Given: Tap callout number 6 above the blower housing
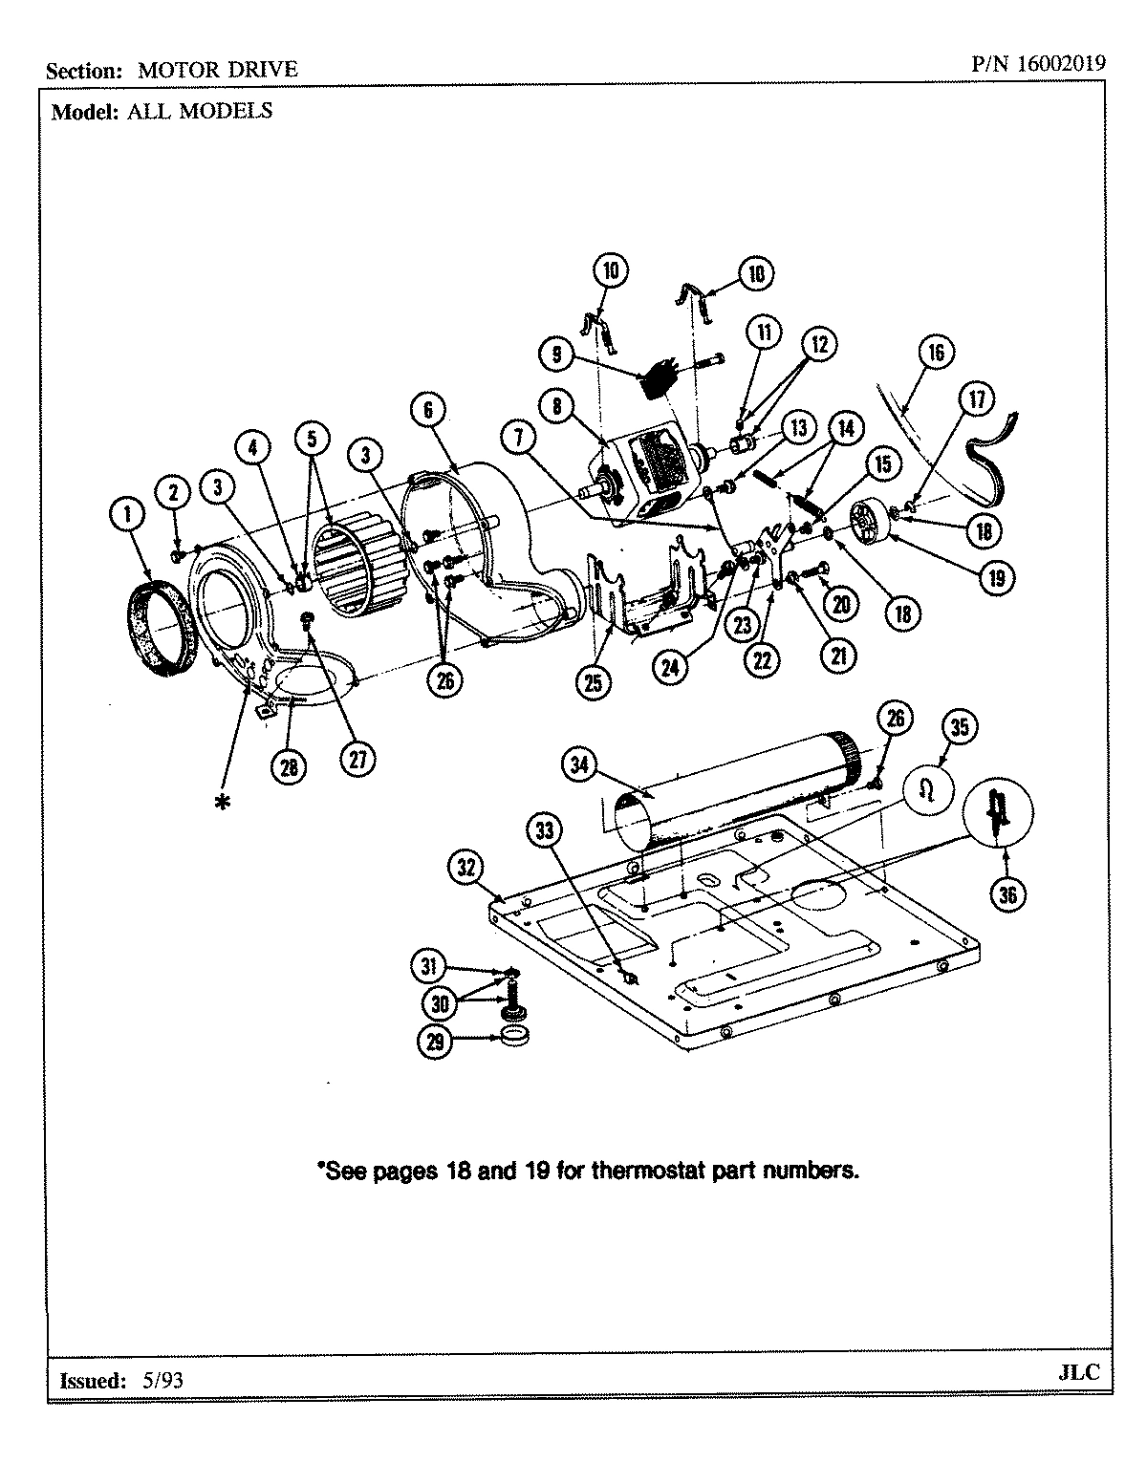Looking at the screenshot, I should point(427,410).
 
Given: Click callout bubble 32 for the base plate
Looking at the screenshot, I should point(465,868).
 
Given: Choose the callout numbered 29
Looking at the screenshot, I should point(436,1043).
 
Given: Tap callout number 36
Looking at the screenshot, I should point(1007,894).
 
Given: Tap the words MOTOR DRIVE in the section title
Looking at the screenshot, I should point(218,70).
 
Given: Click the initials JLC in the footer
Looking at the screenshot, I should point(1079,1372).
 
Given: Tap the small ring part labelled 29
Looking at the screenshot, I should point(515,1039).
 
